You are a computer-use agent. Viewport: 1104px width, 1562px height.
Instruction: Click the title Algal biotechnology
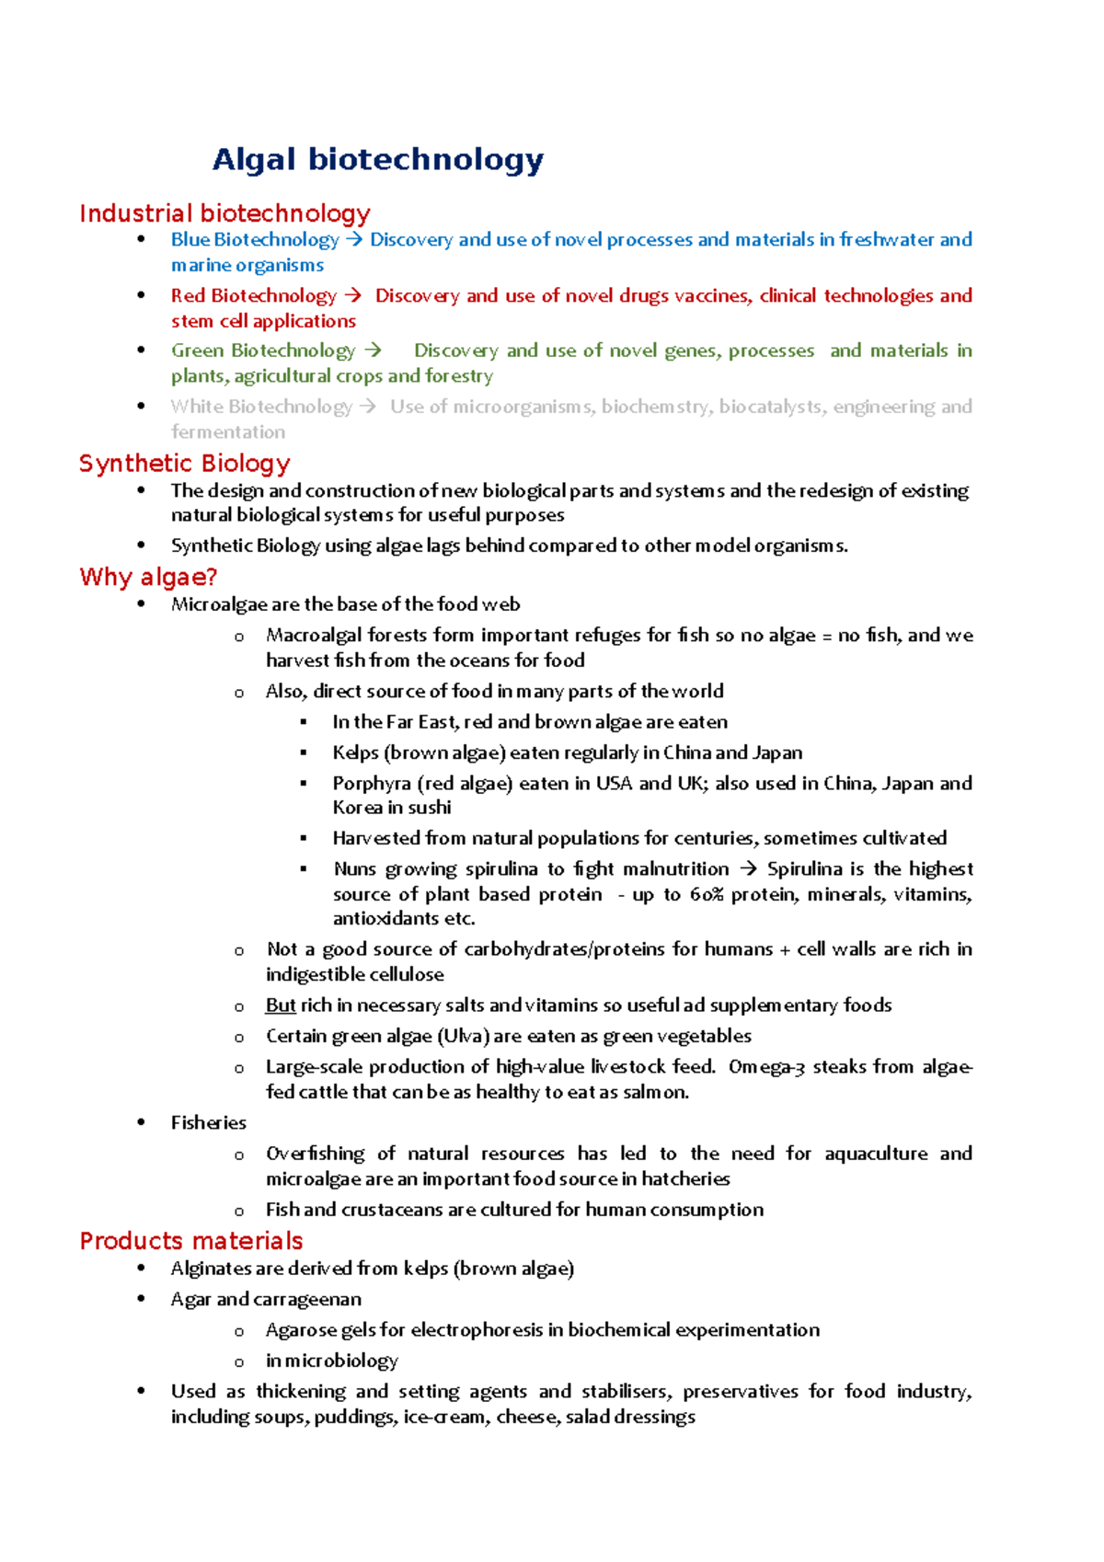click(x=378, y=160)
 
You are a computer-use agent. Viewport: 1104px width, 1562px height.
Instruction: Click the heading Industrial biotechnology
click(x=224, y=213)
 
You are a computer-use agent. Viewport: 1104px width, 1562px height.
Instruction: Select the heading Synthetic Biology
click(x=185, y=463)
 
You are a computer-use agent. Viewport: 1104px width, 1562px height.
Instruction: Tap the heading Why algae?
click(x=148, y=577)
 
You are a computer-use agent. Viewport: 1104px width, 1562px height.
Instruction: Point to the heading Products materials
click(x=191, y=1241)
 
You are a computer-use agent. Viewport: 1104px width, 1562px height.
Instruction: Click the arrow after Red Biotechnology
click(x=352, y=296)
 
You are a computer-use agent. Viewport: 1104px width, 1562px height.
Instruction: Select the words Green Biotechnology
click(x=263, y=350)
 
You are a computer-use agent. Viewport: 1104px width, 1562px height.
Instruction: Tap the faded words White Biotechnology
click(x=261, y=407)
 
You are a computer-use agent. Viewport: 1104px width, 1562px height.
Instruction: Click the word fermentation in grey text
click(x=228, y=432)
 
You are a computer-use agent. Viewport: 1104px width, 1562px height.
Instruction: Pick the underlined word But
click(x=281, y=1005)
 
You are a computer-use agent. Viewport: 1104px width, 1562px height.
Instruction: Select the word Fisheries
click(x=209, y=1123)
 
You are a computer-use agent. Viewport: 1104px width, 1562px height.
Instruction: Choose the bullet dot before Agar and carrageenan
click(x=141, y=1299)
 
